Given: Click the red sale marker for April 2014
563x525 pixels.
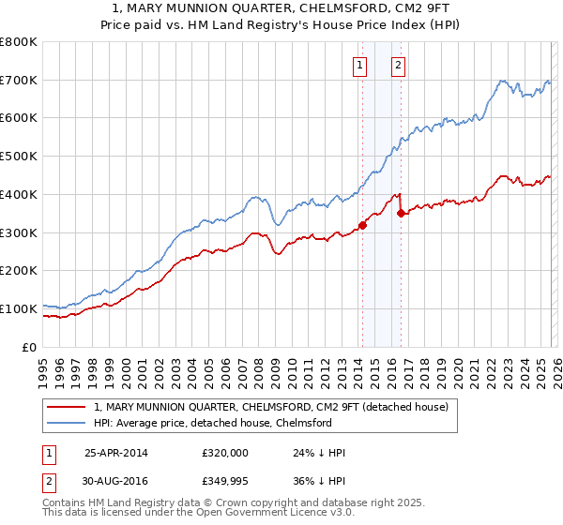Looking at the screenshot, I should tap(362, 224).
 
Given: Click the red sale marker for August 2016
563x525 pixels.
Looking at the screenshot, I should tap(401, 213).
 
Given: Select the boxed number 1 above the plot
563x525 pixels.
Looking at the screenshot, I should tap(360, 65).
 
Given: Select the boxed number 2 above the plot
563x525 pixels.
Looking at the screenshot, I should tap(398, 65).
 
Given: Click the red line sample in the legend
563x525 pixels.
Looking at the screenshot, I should tap(68, 407).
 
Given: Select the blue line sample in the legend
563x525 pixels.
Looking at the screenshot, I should tap(68, 423).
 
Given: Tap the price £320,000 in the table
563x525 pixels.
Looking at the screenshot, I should tap(224, 452).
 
